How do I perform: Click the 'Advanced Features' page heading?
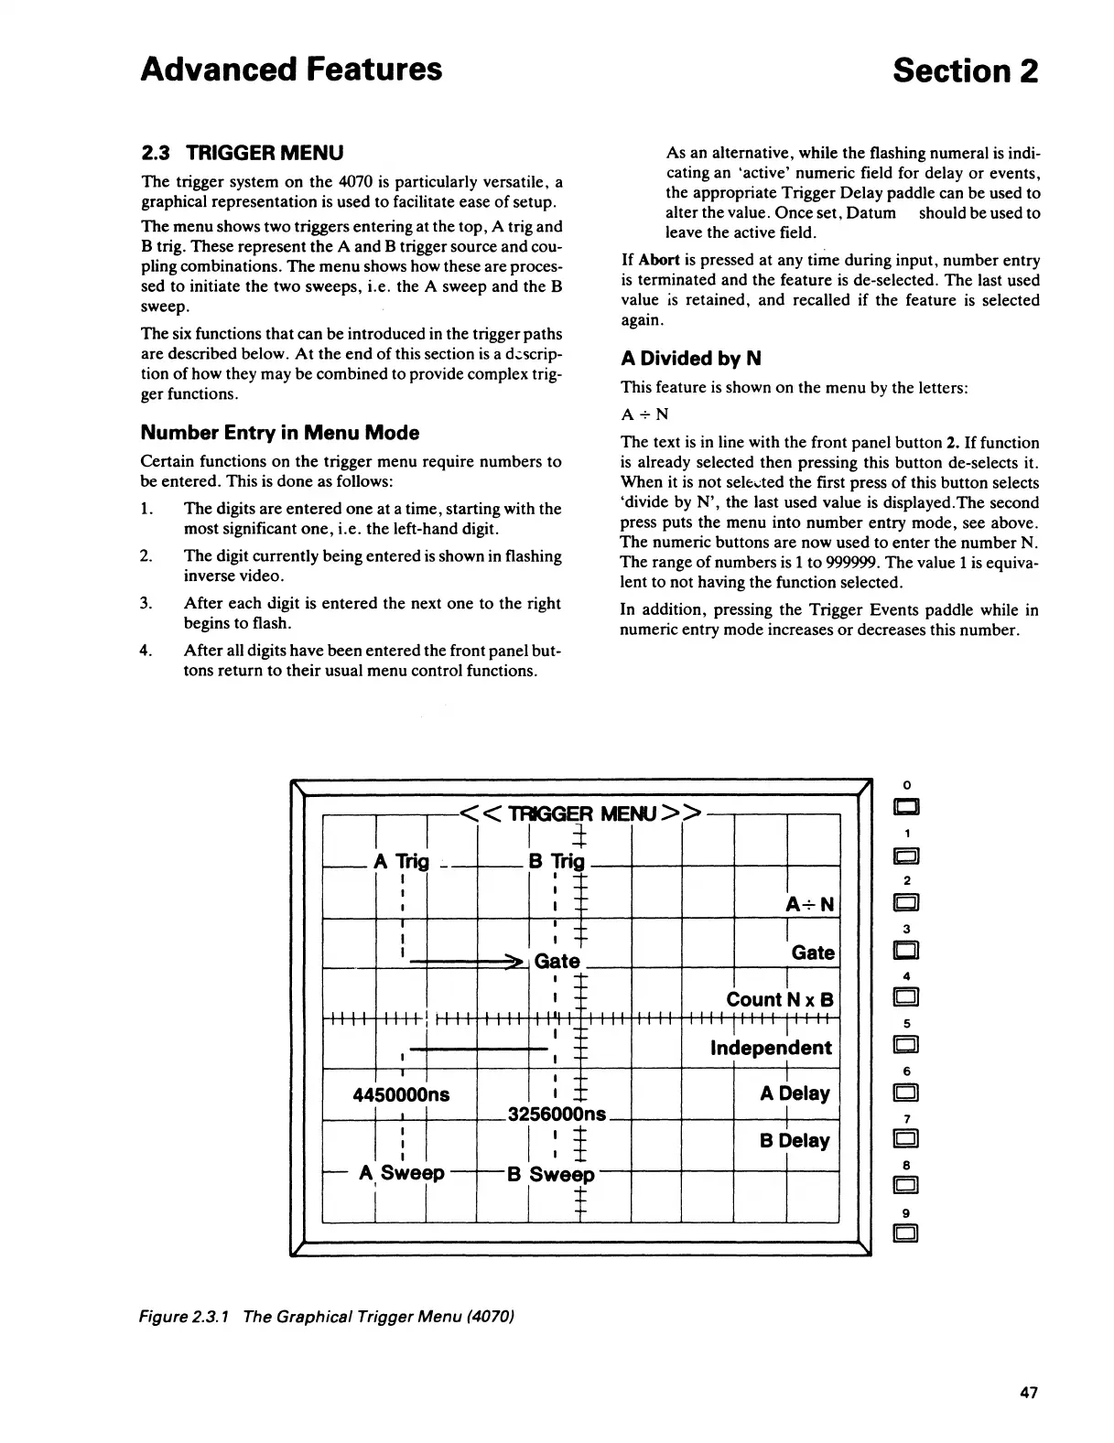coord(291,70)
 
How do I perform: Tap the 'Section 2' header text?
coord(966,70)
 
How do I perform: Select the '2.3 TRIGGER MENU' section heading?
coord(242,152)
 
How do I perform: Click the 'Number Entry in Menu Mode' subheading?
coord(279,433)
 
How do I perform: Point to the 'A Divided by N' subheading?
coord(691,358)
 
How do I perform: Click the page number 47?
coord(1028,1393)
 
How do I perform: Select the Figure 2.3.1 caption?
coord(328,1317)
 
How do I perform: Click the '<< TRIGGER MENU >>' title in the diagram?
coord(581,813)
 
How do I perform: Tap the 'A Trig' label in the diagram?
coord(401,861)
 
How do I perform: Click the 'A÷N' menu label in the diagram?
coord(810,905)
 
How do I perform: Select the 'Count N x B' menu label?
coord(779,999)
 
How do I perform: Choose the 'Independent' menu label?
coord(771,1048)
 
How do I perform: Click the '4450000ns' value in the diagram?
coord(401,1094)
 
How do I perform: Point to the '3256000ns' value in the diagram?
coord(557,1115)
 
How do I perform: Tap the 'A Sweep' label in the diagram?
coord(403,1173)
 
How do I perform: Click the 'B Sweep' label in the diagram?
coord(551,1175)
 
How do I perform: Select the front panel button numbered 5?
coord(906,1045)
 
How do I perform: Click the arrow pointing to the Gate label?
coord(467,962)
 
